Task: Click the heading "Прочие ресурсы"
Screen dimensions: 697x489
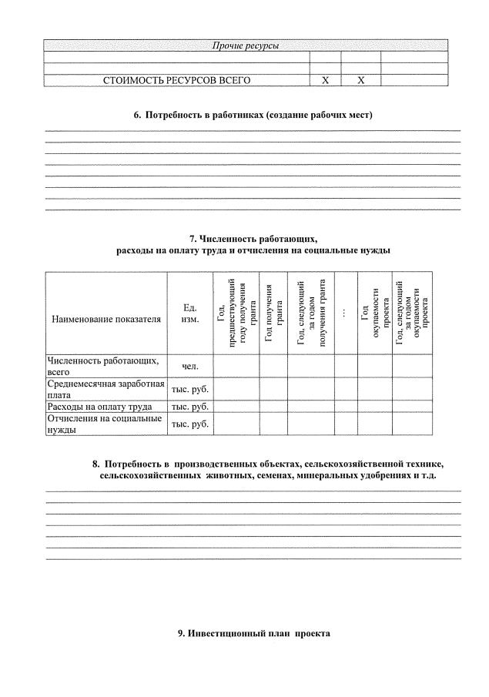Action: [245, 46]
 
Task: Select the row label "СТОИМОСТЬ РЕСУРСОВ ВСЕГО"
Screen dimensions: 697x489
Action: [176, 80]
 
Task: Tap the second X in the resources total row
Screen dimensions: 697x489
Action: [360, 80]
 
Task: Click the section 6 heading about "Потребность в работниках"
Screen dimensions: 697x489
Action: [253, 116]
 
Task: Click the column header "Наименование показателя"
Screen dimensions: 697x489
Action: [106, 318]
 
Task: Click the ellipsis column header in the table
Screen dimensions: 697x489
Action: [346, 312]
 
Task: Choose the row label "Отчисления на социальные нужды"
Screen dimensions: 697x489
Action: [104, 424]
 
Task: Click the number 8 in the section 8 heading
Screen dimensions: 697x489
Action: [95, 464]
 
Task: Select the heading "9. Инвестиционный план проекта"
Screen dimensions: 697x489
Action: [253, 633]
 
